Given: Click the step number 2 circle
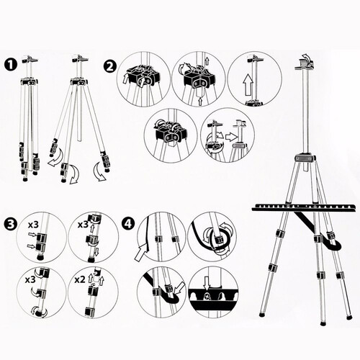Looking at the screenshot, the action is [x=109, y=66].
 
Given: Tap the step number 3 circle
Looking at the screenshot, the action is [x=10, y=224].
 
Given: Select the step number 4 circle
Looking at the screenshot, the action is [x=127, y=224].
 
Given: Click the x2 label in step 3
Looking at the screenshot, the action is [x=80, y=280].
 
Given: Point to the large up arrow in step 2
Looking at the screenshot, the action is [x=248, y=85].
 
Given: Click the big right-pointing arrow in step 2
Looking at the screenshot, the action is [x=232, y=137].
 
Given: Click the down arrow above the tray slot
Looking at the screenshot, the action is [x=207, y=283].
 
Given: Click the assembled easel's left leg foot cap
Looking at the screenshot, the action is [x=262, y=313].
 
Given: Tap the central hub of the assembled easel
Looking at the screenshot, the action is [x=305, y=158].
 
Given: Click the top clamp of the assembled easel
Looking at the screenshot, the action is [x=304, y=64].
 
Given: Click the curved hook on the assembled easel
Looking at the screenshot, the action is [x=331, y=243].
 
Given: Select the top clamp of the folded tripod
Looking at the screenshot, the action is [x=30, y=59].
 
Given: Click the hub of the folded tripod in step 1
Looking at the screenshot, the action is [x=30, y=81].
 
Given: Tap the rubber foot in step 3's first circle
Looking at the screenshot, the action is [x=40, y=257].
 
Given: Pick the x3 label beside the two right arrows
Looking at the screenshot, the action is [x=33, y=225].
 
